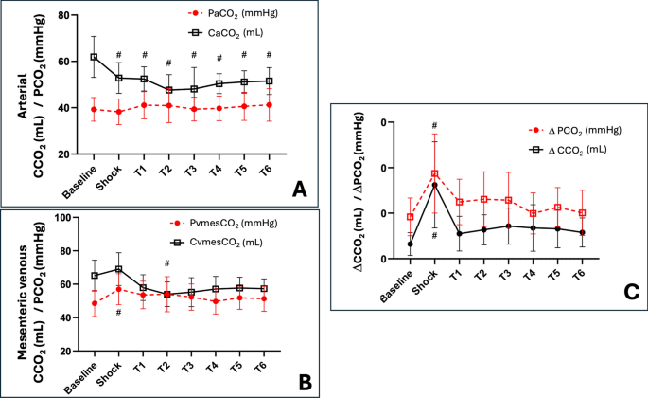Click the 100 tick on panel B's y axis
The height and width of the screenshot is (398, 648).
pos(65,218)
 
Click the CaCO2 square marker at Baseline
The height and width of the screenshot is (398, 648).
pos(94,57)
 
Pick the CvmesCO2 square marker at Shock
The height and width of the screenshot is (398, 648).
pos(118,269)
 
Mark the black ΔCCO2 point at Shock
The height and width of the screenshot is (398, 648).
pos(433,185)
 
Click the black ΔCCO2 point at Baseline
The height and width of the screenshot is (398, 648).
pos(409,244)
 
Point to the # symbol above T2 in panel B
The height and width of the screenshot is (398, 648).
pos(166,263)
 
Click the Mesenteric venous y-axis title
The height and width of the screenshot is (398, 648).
pos(26,284)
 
